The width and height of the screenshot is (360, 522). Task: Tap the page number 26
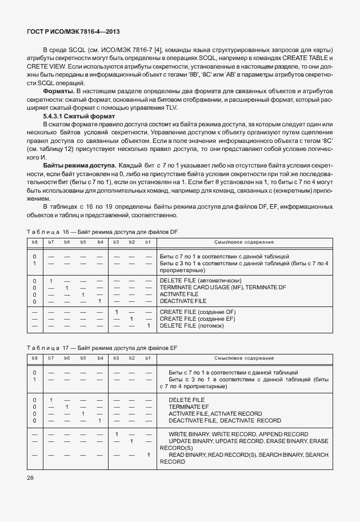tap(31, 477)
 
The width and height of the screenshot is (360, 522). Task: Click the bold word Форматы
tap(59, 91)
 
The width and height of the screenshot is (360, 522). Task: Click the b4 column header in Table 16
tap(100, 242)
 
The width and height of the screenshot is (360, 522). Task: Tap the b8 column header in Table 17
tap(35, 358)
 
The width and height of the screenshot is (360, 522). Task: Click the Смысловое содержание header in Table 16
tap(243, 242)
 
